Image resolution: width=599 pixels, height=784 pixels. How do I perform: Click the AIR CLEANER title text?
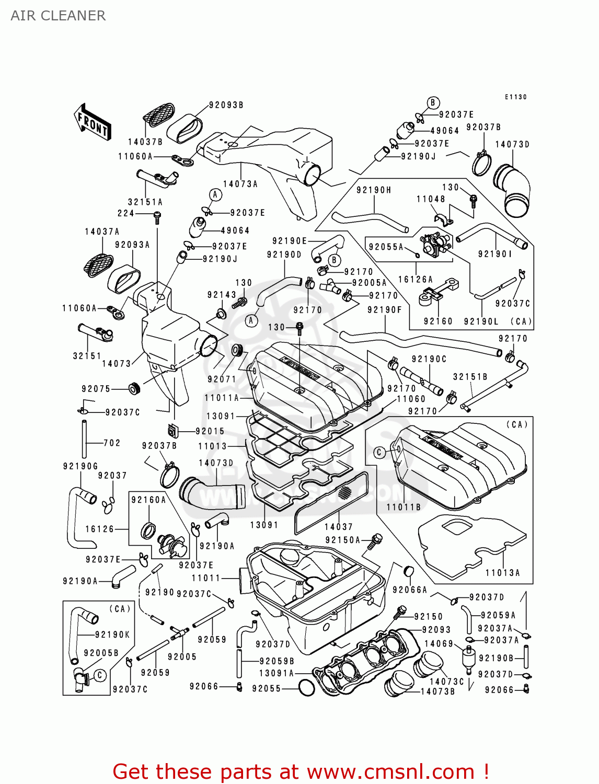coord(58,16)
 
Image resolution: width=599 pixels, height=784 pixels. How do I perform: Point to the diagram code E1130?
coord(515,97)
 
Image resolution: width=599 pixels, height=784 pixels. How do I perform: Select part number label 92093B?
coord(226,105)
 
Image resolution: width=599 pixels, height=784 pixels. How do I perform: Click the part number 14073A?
coord(240,184)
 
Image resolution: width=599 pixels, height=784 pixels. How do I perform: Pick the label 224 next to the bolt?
coord(125,213)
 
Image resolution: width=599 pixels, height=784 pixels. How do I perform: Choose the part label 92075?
coord(96,389)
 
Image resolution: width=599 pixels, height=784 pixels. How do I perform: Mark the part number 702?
coord(112,443)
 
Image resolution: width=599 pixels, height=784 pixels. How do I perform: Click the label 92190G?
coord(80,466)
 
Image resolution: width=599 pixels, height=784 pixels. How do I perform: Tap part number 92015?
coord(210,431)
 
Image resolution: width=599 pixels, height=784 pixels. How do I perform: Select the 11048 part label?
coord(431,199)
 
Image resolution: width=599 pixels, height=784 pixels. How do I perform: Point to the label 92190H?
coord(374,190)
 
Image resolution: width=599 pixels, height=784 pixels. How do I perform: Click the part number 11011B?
coord(404,507)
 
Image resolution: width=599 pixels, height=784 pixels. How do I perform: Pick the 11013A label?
coord(503,573)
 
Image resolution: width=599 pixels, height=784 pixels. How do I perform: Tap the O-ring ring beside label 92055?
coord(306,688)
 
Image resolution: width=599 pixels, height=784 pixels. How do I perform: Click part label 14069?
coord(439,644)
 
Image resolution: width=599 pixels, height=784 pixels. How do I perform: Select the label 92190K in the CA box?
coord(112,635)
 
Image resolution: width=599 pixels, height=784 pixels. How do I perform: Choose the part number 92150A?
coord(342,540)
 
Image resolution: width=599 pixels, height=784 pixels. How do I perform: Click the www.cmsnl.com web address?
coord(390,771)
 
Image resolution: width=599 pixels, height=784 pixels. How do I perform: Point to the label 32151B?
coord(470,377)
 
